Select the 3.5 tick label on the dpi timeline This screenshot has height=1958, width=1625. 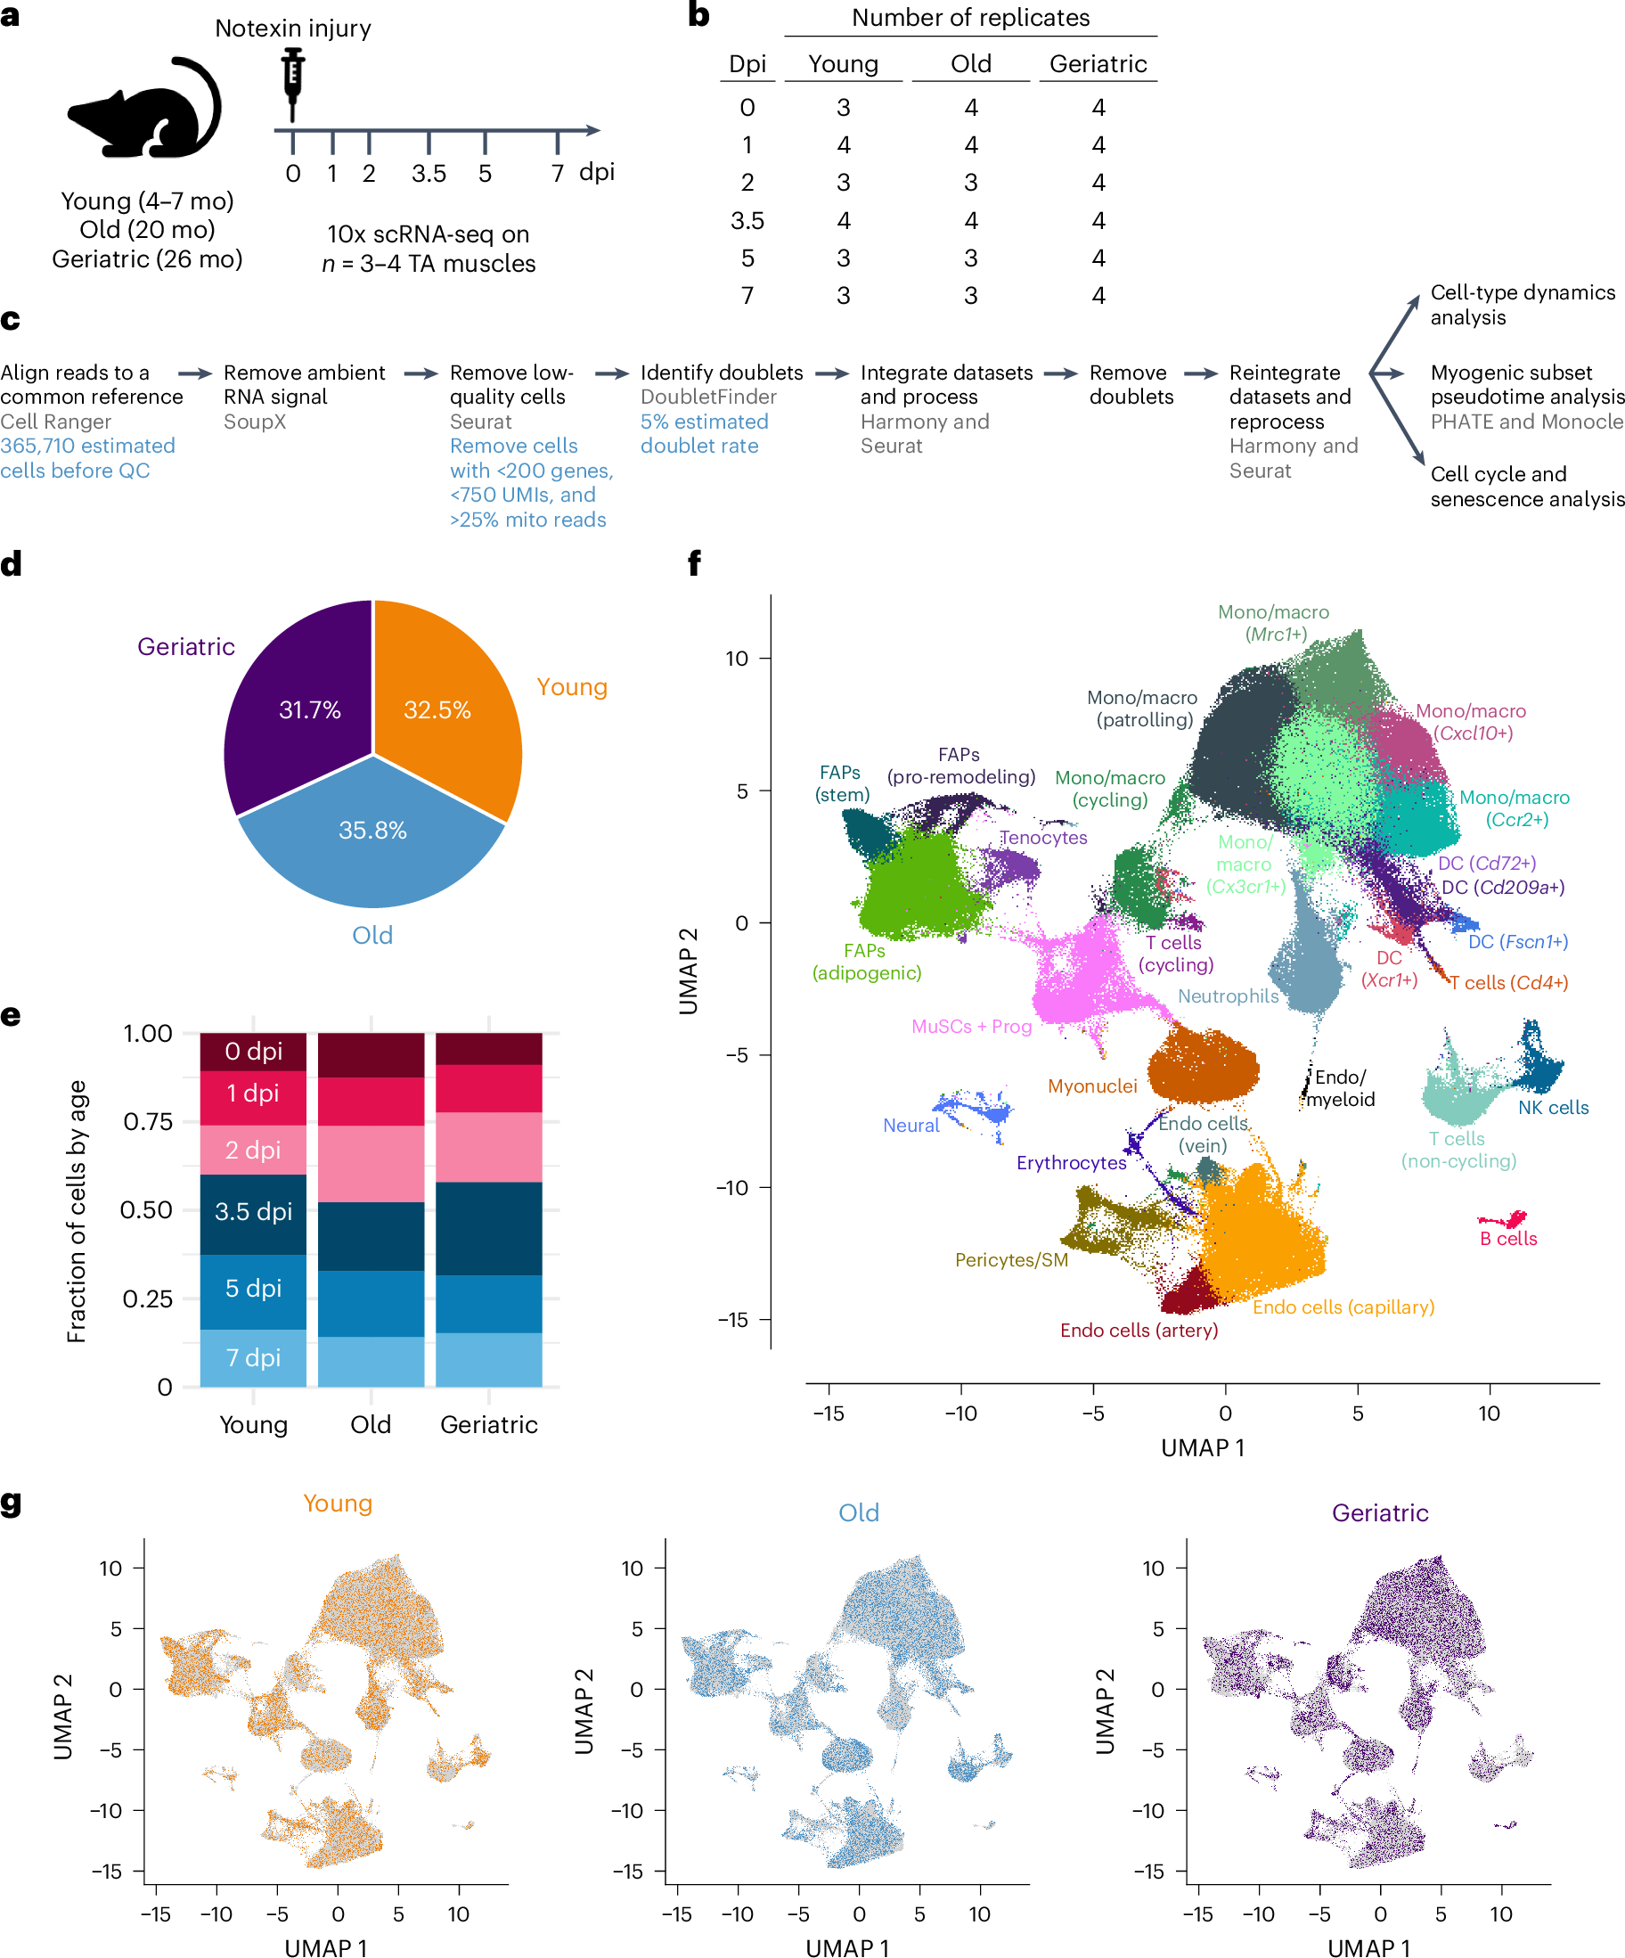point(429,174)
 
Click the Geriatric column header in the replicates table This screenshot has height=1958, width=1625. point(1098,63)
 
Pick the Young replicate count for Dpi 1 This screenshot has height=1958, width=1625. point(844,145)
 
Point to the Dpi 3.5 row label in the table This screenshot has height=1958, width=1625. point(747,221)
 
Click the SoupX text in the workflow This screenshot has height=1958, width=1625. point(255,422)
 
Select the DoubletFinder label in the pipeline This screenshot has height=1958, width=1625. point(708,397)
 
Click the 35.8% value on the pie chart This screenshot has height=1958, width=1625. point(372,830)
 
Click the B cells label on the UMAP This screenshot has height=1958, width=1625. point(1508,1239)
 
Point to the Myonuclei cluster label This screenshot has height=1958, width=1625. point(1091,1086)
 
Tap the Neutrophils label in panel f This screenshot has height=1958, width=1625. point(1228,995)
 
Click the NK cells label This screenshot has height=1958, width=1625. point(1553,1108)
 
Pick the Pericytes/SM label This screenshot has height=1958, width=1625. point(1011,1260)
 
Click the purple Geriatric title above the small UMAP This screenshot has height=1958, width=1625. point(1380,1512)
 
